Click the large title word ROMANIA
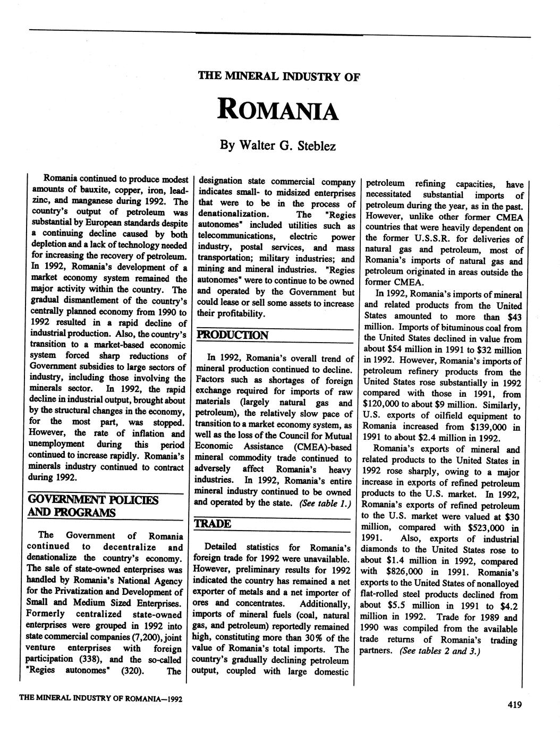point(278,110)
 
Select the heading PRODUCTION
point(233,335)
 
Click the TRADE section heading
point(213,524)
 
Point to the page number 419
point(514,705)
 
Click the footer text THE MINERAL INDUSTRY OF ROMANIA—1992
point(101,698)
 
